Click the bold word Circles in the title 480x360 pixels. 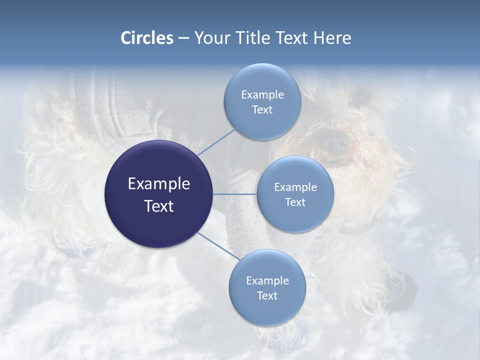[147, 38]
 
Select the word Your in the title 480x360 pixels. [210, 38]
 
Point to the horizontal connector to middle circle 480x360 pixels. [234, 194]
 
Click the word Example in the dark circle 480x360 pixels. [158, 184]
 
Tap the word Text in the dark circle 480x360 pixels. [158, 206]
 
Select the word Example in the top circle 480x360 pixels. [262, 95]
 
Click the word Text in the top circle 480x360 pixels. [262, 110]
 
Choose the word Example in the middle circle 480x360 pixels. [295, 187]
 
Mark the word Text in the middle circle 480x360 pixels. [295, 202]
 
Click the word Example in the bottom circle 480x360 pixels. [267, 281]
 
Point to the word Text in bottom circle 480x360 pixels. [267, 296]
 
